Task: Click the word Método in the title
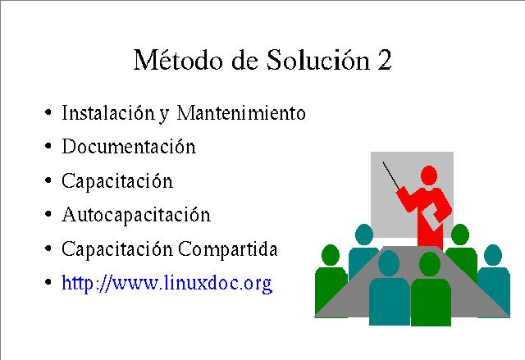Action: [x=178, y=60]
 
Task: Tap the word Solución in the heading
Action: [x=318, y=60]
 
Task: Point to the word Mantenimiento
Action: [x=241, y=112]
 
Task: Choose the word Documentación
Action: [x=129, y=147]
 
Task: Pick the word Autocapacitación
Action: [x=136, y=215]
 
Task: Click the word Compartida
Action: [x=228, y=249]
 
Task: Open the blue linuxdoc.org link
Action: [x=167, y=284]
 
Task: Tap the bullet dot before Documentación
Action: [x=48, y=146]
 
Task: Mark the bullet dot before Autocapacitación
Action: [x=48, y=214]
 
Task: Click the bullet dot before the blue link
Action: [x=48, y=282]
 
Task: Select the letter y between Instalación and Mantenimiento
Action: [x=164, y=115]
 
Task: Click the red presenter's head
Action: [x=429, y=175]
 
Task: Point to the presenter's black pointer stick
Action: [x=391, y=176]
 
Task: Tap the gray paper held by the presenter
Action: [x=431, y=216]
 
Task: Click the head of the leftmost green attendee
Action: [x=331, y=255]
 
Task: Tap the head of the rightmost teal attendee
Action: [x=493, y=255]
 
